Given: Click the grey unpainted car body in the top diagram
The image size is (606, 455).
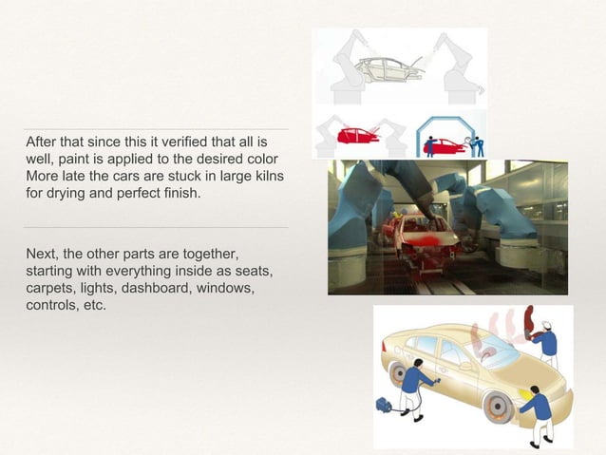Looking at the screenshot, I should coord(390,68).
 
